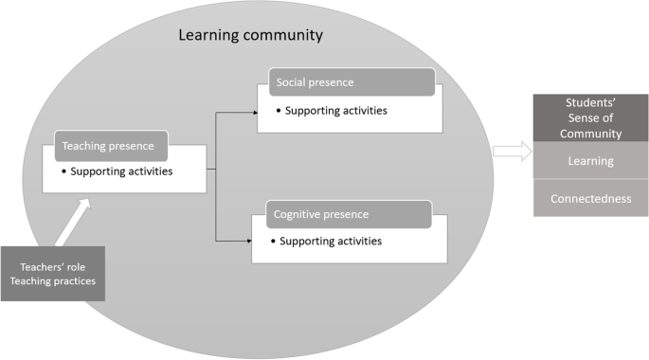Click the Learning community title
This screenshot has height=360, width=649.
coord(251,36)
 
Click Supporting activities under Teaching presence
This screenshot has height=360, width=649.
coord(136,171)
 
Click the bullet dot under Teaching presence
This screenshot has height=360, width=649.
coord(63,171)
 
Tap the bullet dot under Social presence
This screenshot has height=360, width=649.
coord(279,111)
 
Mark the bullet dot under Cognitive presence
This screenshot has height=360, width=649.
coord(274,241)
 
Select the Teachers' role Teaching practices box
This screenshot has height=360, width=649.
coord(52,273)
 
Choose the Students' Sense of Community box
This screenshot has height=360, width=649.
coord(590,117)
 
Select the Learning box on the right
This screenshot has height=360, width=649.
coord(590,161)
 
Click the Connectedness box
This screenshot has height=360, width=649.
coord(590,198)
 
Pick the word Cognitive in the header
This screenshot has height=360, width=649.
coord(297,214)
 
